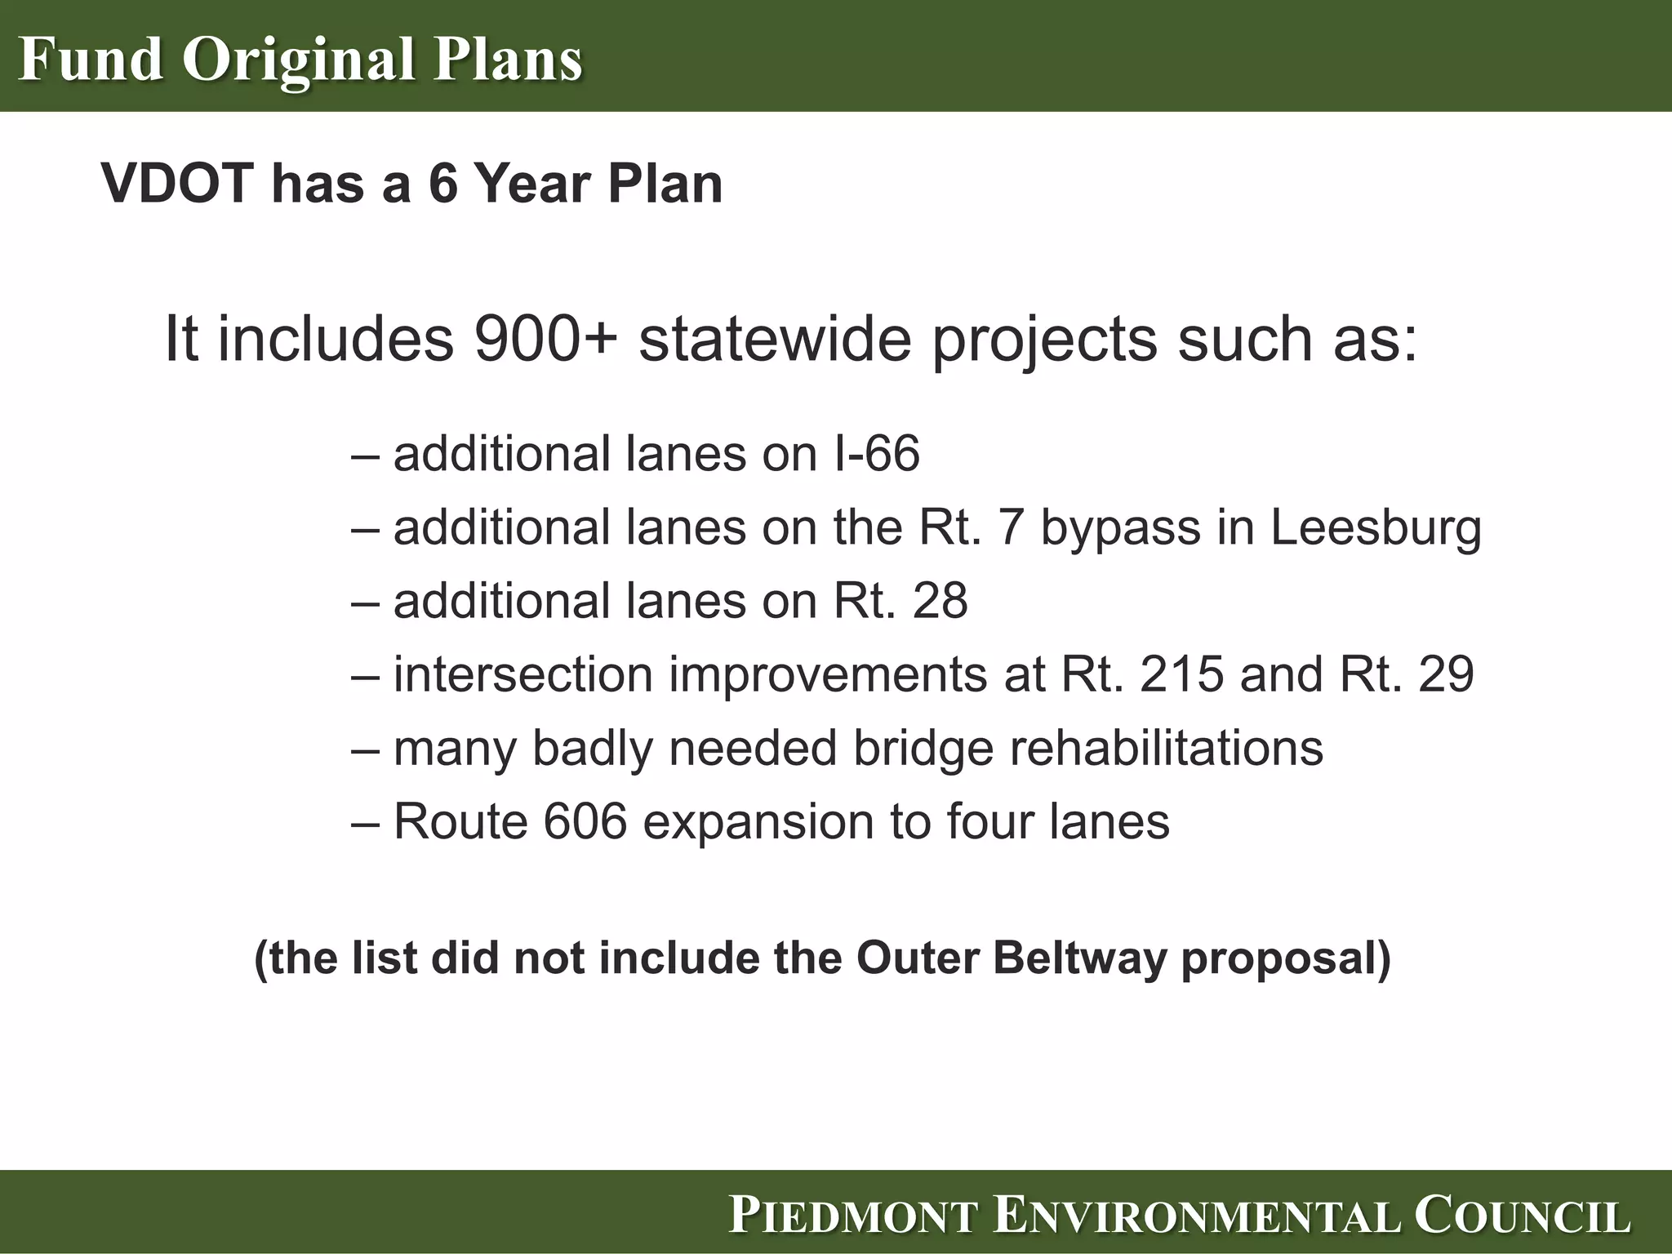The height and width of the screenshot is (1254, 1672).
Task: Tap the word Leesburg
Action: [1375, 527]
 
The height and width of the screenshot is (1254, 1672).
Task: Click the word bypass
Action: [1121, 529]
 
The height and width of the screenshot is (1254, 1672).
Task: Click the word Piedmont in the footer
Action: [854, 1215]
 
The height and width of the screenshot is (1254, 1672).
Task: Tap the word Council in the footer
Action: [1522, 1215]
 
